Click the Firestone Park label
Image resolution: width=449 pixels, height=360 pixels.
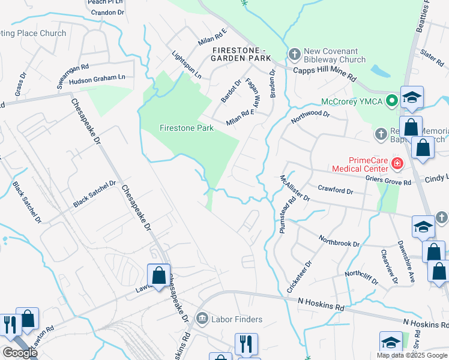coord(187,128)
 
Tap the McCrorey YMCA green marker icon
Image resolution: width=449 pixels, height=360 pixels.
coord(393,100)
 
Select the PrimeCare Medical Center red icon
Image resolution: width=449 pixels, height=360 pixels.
coord(396,163)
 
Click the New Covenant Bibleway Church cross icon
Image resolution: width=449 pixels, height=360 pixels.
coord(294,55)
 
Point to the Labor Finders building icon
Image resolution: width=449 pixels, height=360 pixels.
coord(202,317)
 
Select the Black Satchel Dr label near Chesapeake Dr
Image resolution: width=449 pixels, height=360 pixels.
coord(94,194)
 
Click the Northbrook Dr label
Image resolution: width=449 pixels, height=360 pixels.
coord(339,241)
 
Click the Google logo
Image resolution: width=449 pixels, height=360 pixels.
coord(20,353)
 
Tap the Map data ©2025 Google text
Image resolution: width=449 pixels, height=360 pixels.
coord(411,355)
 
